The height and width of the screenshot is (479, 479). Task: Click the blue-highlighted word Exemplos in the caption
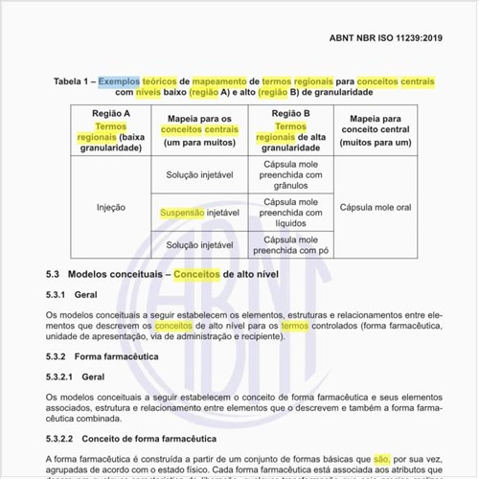click(119, 81)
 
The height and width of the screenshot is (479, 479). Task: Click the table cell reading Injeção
click(111, 206)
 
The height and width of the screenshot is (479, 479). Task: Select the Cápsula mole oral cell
click(375, 206)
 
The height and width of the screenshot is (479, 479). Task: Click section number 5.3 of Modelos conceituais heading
click(54, 274)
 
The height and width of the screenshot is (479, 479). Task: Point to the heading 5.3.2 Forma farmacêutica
click(104, 356)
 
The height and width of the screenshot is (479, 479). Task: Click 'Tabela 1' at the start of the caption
click(71, 81)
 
